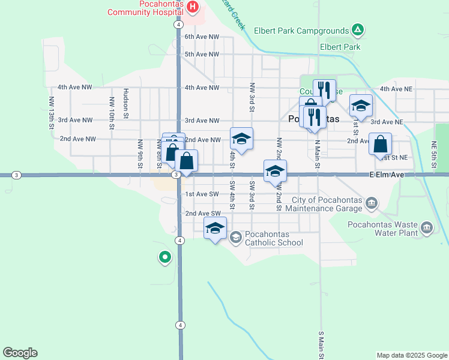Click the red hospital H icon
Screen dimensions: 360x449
point(193,7)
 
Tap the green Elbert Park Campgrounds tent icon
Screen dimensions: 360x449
point(357,29)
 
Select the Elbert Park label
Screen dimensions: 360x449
point(340,46)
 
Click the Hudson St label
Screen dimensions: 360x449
point(125,101)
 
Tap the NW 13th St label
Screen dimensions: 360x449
point(52,113)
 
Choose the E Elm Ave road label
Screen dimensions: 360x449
point(387,174)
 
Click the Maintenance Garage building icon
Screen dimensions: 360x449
point(372,203)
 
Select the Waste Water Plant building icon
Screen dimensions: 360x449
point(427,227)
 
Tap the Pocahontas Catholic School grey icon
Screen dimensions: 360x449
point(236,238)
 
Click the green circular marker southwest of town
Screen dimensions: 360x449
point(164,258)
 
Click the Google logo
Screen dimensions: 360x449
point(20,353)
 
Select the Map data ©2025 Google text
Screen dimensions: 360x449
point(412,355)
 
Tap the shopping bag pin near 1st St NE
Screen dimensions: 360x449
point(381,144)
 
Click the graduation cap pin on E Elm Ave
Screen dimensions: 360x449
point(275,170)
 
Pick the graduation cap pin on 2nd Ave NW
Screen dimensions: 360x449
point(241,139)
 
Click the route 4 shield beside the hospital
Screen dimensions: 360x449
point(178,25)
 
